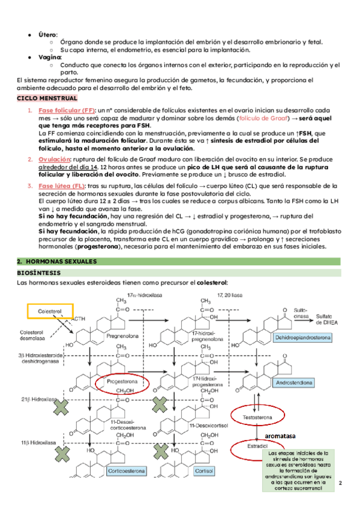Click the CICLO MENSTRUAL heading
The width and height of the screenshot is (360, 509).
pos(47,97)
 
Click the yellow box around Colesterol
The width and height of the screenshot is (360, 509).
pos(50,312)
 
